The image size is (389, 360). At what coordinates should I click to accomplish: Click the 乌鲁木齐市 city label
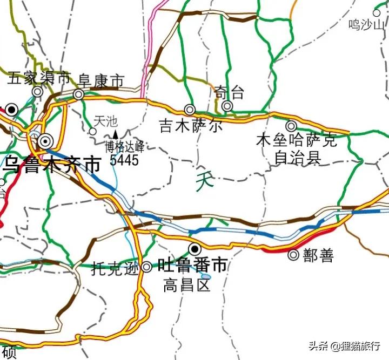(52, 165)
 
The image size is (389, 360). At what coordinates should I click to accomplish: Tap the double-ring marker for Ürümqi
(44, 141)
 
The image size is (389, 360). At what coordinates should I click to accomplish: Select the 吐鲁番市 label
(192, 265)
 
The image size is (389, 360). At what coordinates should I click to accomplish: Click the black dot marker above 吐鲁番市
(194, 249)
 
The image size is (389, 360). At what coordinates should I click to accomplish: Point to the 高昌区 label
(186, 285)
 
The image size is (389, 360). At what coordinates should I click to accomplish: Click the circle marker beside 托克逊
(147, 267)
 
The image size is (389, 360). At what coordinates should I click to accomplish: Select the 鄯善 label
(319, 256)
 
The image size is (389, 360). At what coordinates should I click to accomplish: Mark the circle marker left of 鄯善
(294, 255)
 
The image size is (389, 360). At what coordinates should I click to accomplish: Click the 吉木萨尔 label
(191, 126)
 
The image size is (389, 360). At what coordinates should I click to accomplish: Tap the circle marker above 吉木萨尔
(190, 110)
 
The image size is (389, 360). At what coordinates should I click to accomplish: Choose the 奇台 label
(229, 92)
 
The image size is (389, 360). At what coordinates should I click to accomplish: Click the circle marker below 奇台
(227, 106)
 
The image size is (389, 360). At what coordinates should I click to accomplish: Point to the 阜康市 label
(101, 81)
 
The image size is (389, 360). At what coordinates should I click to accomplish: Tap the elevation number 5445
(124, 160)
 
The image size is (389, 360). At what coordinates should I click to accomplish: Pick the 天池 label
(105, 121)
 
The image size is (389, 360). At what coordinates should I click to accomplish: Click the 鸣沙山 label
(367, 24)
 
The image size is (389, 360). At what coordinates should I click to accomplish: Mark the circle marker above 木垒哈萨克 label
(291, 126)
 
